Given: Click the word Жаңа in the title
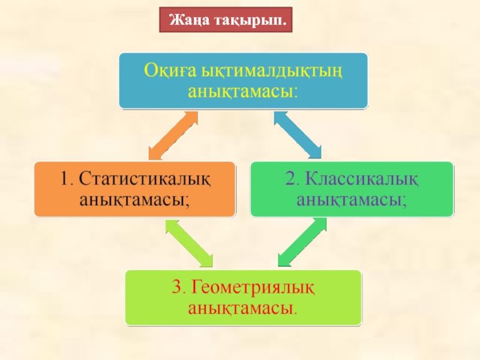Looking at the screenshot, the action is tap(188, 20).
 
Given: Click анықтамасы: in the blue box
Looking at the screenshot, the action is tap(242, 92).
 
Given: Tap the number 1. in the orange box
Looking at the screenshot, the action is tap(68, 179).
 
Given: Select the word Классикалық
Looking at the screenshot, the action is tap(362, 178).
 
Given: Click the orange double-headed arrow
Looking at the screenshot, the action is tap(173, 135).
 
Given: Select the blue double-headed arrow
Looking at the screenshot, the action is tap(298, 134).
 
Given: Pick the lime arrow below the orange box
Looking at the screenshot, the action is tap(188, 242).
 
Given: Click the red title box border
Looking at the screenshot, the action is tap(163, 20).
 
